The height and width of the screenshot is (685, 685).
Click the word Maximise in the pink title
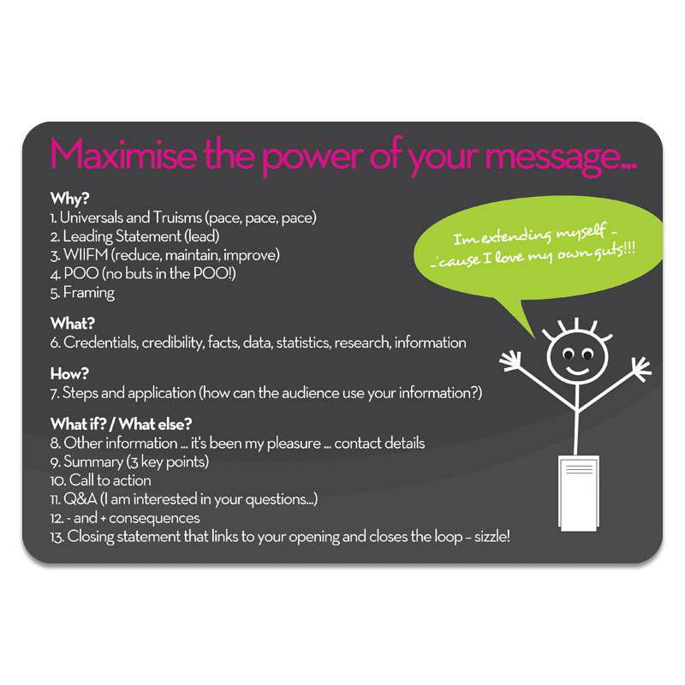123,154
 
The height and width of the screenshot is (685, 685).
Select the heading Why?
70,199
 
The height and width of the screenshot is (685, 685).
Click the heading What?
73,324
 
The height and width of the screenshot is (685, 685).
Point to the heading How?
69,373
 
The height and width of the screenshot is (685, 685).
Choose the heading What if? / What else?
121,424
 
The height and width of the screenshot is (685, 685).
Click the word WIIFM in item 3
86,254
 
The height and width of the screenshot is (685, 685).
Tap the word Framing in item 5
89,293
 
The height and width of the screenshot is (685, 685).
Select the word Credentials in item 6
101,342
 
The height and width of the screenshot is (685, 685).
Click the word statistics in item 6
303,342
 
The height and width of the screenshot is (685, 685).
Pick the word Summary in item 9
93,462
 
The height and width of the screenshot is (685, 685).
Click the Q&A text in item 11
80,499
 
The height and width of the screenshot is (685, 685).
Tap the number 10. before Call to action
57,480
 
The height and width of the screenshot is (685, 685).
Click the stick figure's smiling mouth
577,372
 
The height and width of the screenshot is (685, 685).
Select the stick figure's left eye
568,354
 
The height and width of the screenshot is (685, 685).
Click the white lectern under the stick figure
579,493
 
